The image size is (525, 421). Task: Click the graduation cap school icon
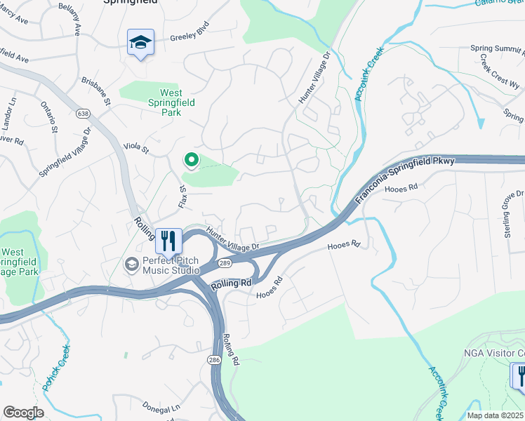[140, 44]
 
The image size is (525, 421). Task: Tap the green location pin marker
[190, 161]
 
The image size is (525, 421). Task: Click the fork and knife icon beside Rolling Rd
[168, 241]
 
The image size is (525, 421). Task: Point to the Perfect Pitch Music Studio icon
[131, 265]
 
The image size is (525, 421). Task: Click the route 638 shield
[83, 113]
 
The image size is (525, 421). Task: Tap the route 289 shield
[224, 262]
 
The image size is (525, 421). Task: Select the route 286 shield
[214, 359]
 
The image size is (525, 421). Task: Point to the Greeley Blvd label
[190, 41]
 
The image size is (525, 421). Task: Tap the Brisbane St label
[96, 92]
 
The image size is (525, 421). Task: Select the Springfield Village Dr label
[65, 152]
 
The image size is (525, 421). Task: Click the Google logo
[23, 413]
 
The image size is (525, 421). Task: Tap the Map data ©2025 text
[495, 415]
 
